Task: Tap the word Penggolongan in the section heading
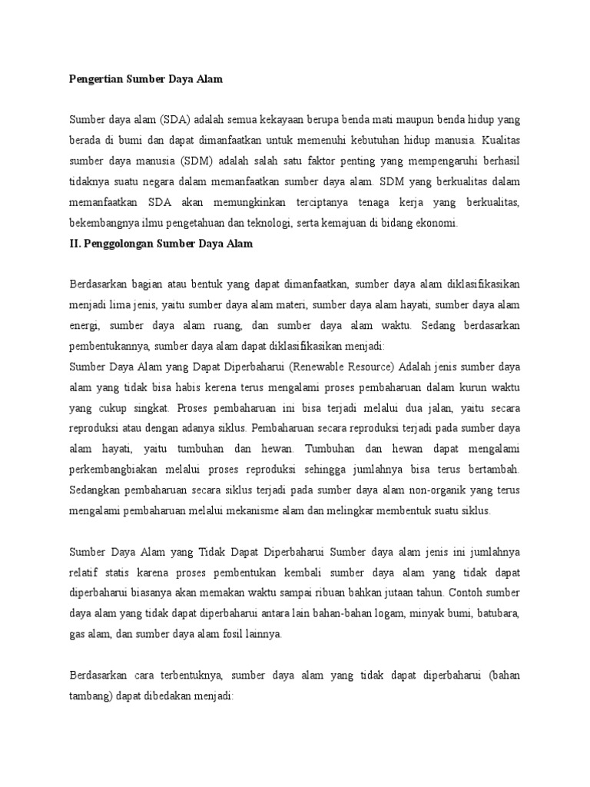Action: [x=124, y=244]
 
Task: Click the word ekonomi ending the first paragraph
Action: [x=437, y=223]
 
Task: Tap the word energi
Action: [x=86, y=325]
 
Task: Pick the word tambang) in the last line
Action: [x=93, y=696]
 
